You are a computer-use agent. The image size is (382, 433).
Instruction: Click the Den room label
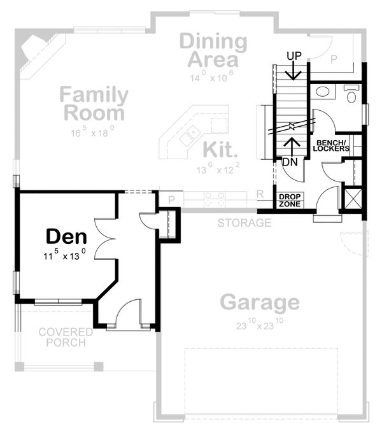(x=66, y=237)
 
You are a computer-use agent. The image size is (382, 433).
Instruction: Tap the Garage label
(x=260, y=302)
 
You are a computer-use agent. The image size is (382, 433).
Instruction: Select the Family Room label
(x=94, y=104)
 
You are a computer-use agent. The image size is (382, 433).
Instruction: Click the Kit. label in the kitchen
(x=220, y=150)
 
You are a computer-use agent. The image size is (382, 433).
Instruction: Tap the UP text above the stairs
(x=294, y=57)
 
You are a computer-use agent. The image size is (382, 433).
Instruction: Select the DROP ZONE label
(x=290, y=200)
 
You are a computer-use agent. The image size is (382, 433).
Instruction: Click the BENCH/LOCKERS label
(x=331, y=145)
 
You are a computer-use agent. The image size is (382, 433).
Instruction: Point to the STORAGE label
(x=244, y=223)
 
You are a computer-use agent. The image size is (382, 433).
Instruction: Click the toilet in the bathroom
(x=352, y=95)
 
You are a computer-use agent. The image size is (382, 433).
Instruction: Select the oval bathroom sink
(x=323, y=91)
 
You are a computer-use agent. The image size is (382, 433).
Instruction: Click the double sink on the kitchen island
(x=190, y=135)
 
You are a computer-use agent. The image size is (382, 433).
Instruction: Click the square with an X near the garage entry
(x=352, y=198)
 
